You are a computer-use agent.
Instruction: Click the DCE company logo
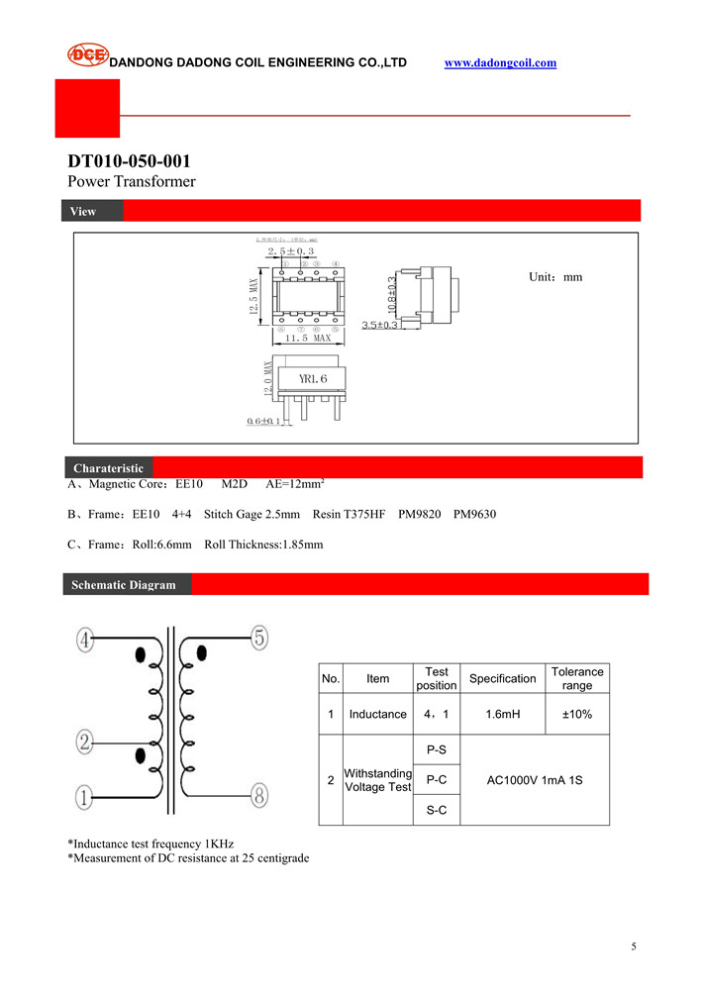pyautogui.click(x=87, y=55)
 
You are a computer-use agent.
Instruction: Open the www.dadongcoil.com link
pyautogui.click(x=500, y=63)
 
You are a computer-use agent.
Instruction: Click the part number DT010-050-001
pyautogui.click(x=129, y=161)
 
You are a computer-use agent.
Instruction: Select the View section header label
pyautogui.click(x=83, y=211)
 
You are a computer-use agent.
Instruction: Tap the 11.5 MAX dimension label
pyautogui.click(x=308, y=339)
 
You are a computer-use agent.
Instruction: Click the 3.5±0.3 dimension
pyautogui.click(x=379, y=325)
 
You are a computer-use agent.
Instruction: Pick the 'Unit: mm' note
pyautogui.click(x=555, y=277)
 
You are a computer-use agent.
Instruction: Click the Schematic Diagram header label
pyautogui.click(x=123, y=585)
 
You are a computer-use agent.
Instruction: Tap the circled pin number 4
pyautogui.click(x=85, y=641)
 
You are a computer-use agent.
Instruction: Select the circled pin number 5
pyautogui.click(x=259, y=639)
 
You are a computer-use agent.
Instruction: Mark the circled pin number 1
pyautogui.click(x=85, y=795)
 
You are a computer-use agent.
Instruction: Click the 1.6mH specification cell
pyautogui.click(x=502, y=714)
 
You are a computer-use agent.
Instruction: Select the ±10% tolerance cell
pyautogui.click(x=577, y=714)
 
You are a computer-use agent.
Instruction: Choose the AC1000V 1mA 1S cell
pyautogui.click(x=535, y=780)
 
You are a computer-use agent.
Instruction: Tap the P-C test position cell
pyautogui.click(x=436, y=780)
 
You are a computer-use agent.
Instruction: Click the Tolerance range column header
pyautogui.click(x=577, y=678)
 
